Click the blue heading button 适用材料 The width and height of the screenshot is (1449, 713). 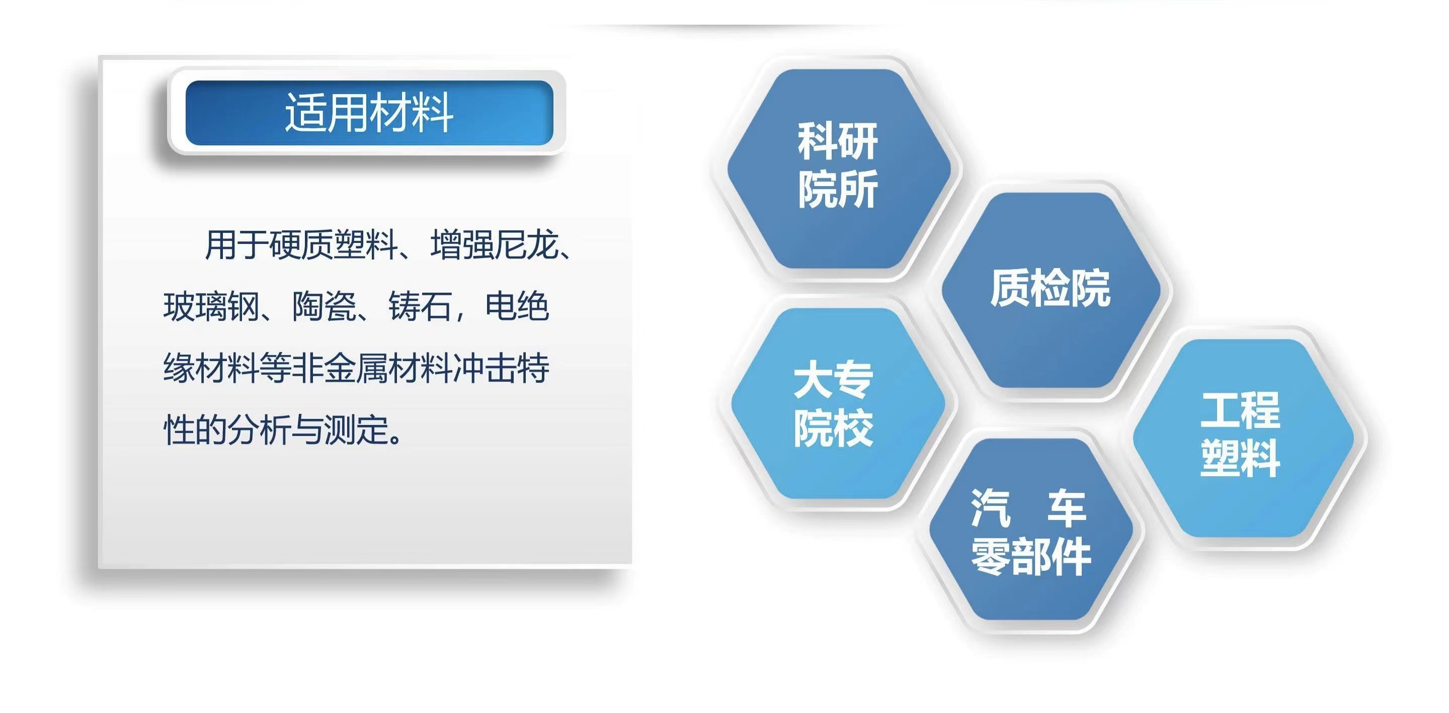(370, 113)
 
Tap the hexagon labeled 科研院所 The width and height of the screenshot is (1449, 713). (839, 168)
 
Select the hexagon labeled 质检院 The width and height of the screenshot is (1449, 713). (1051, 290)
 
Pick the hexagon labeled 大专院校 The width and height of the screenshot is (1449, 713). (838, 403)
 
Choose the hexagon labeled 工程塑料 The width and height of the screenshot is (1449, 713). (1243, 437)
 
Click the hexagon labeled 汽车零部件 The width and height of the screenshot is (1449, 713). (1030, 529)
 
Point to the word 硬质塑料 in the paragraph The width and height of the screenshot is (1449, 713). (334, 245)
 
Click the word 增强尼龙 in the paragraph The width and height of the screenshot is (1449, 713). (495, 245)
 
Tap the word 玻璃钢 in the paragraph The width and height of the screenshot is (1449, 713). (211, 307)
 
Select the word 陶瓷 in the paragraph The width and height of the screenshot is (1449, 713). (325, 307)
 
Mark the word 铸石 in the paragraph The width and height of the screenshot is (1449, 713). (421, 307)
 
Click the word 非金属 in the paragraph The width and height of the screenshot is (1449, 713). (340, 369)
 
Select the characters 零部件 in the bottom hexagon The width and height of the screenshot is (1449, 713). (1031, 556)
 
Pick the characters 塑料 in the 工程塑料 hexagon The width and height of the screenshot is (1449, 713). (1240, 458)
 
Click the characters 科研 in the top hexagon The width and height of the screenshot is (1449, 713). (838, 142)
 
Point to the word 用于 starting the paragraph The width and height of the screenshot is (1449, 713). (236, 245)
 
